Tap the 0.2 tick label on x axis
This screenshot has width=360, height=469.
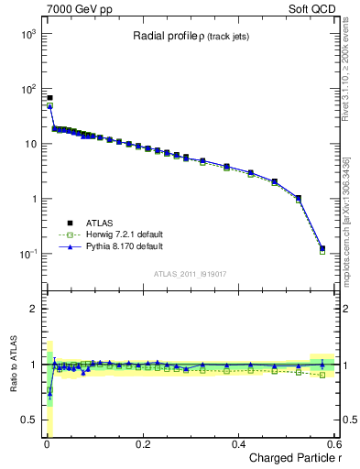tap(142, 443)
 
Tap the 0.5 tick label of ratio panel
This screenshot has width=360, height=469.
tap(27, 420)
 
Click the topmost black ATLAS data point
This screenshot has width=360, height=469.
tap(49, 98)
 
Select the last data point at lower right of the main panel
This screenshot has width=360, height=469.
tap(322, 248)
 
